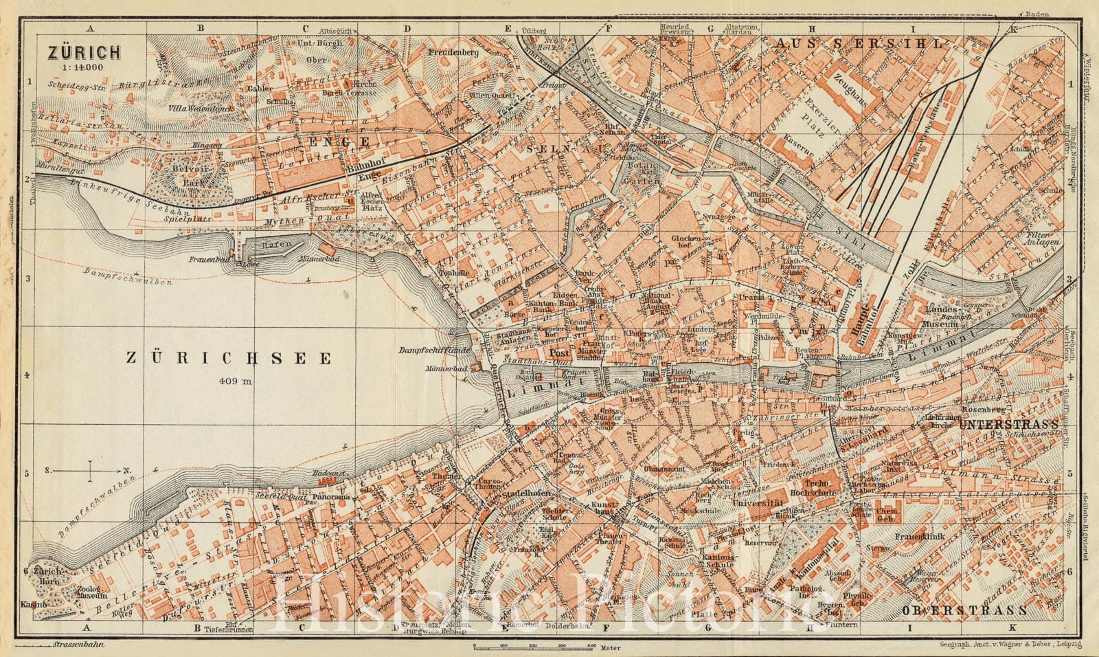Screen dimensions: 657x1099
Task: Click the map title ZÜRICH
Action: point(83,52)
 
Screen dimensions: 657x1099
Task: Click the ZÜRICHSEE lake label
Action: point(229,357)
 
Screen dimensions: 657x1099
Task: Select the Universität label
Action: point(758,504)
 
